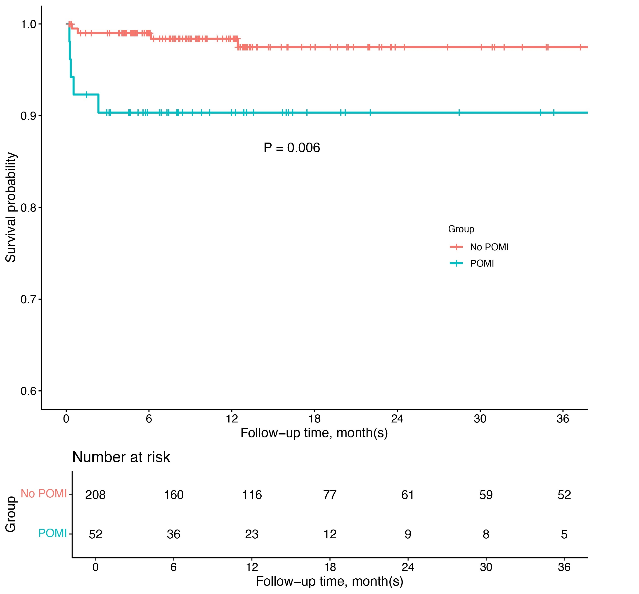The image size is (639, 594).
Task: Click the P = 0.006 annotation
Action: tap(291, 148)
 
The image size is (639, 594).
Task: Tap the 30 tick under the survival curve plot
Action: tap(480, 418)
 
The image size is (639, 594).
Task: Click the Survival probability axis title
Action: tap(11, 207)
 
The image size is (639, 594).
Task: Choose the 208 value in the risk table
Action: tap(95, 495)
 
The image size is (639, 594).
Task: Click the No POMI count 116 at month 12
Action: tap(252, 495)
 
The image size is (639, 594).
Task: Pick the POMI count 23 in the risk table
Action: tap(252, 534)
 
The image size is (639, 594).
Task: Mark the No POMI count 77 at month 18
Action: tap(330, 495)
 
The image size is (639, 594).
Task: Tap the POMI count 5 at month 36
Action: tap(564, 534)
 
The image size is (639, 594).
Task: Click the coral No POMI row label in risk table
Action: tap(44, 493)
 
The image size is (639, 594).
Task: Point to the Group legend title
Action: tap(461, 229)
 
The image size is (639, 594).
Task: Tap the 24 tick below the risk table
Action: tap(408, 567)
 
